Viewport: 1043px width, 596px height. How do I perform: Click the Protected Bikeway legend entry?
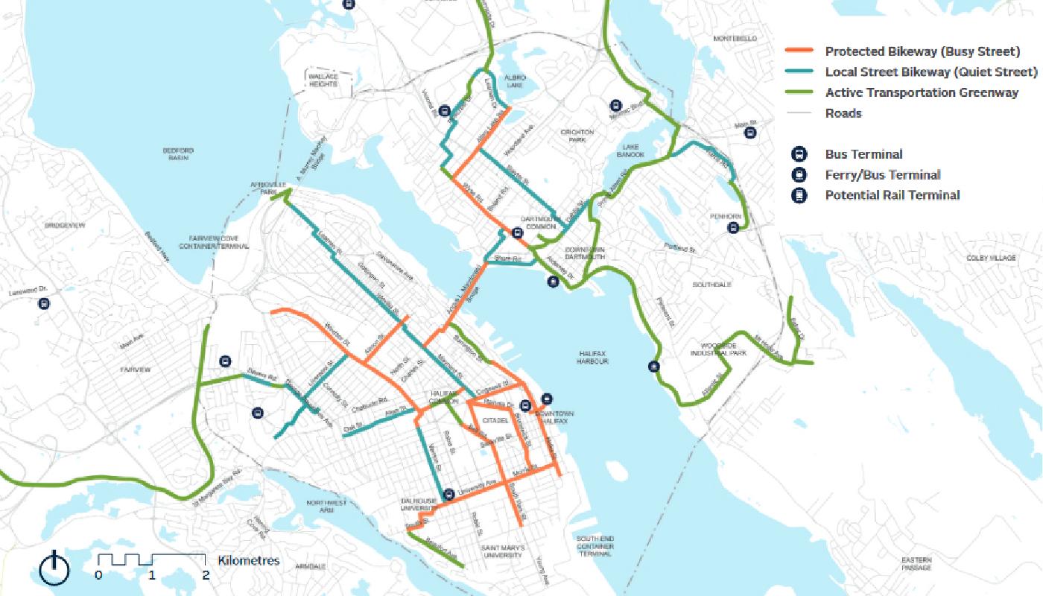coord(922,51)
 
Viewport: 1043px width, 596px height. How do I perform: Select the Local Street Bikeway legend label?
coord(931,72)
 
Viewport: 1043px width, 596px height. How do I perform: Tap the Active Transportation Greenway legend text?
coord(922,93)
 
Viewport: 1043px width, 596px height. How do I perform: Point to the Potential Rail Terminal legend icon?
coord(799,196)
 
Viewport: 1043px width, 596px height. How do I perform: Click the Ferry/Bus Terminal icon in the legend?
coord(799,175)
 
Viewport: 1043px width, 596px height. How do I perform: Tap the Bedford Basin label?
coord(178,153)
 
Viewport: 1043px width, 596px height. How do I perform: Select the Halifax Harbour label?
coord(592,357)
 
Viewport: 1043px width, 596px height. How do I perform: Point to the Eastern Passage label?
coord(916,563)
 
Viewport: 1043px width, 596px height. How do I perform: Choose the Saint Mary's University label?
coord(504,551)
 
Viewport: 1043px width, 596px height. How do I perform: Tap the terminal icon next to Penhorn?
coord(734,228)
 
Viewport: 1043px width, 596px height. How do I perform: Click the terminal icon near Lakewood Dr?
coord(44,303)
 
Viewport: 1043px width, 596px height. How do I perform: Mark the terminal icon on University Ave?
coord(448,494)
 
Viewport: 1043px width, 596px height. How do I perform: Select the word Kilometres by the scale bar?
coord(249,560)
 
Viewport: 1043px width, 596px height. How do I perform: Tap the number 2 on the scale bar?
coord(205,575)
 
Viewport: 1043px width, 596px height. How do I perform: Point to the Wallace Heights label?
coord(323,80)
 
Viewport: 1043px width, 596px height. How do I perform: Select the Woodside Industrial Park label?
coord(723,349)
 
